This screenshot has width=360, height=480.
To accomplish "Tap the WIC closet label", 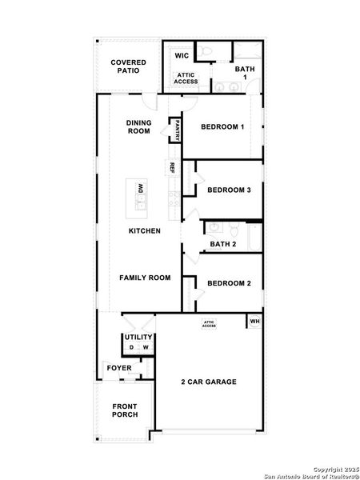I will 182,56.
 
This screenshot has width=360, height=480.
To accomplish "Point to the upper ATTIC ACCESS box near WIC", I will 188,78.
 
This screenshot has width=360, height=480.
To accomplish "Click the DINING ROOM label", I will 138,127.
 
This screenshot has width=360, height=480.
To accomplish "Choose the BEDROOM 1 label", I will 222,127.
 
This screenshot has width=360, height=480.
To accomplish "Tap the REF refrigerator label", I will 171,168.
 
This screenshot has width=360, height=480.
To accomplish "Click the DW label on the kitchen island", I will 141,189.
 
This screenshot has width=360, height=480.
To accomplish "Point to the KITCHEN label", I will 145,231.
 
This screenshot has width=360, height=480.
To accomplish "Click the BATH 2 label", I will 223,245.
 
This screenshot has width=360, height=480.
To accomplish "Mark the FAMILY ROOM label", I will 145,278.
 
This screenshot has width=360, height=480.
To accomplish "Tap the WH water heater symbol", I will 254,322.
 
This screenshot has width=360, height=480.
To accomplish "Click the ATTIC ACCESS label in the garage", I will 209,324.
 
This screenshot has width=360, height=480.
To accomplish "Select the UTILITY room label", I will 137,338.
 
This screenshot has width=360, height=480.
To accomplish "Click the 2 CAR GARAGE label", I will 208,382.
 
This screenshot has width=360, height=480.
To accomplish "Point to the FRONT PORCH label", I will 125,410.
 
